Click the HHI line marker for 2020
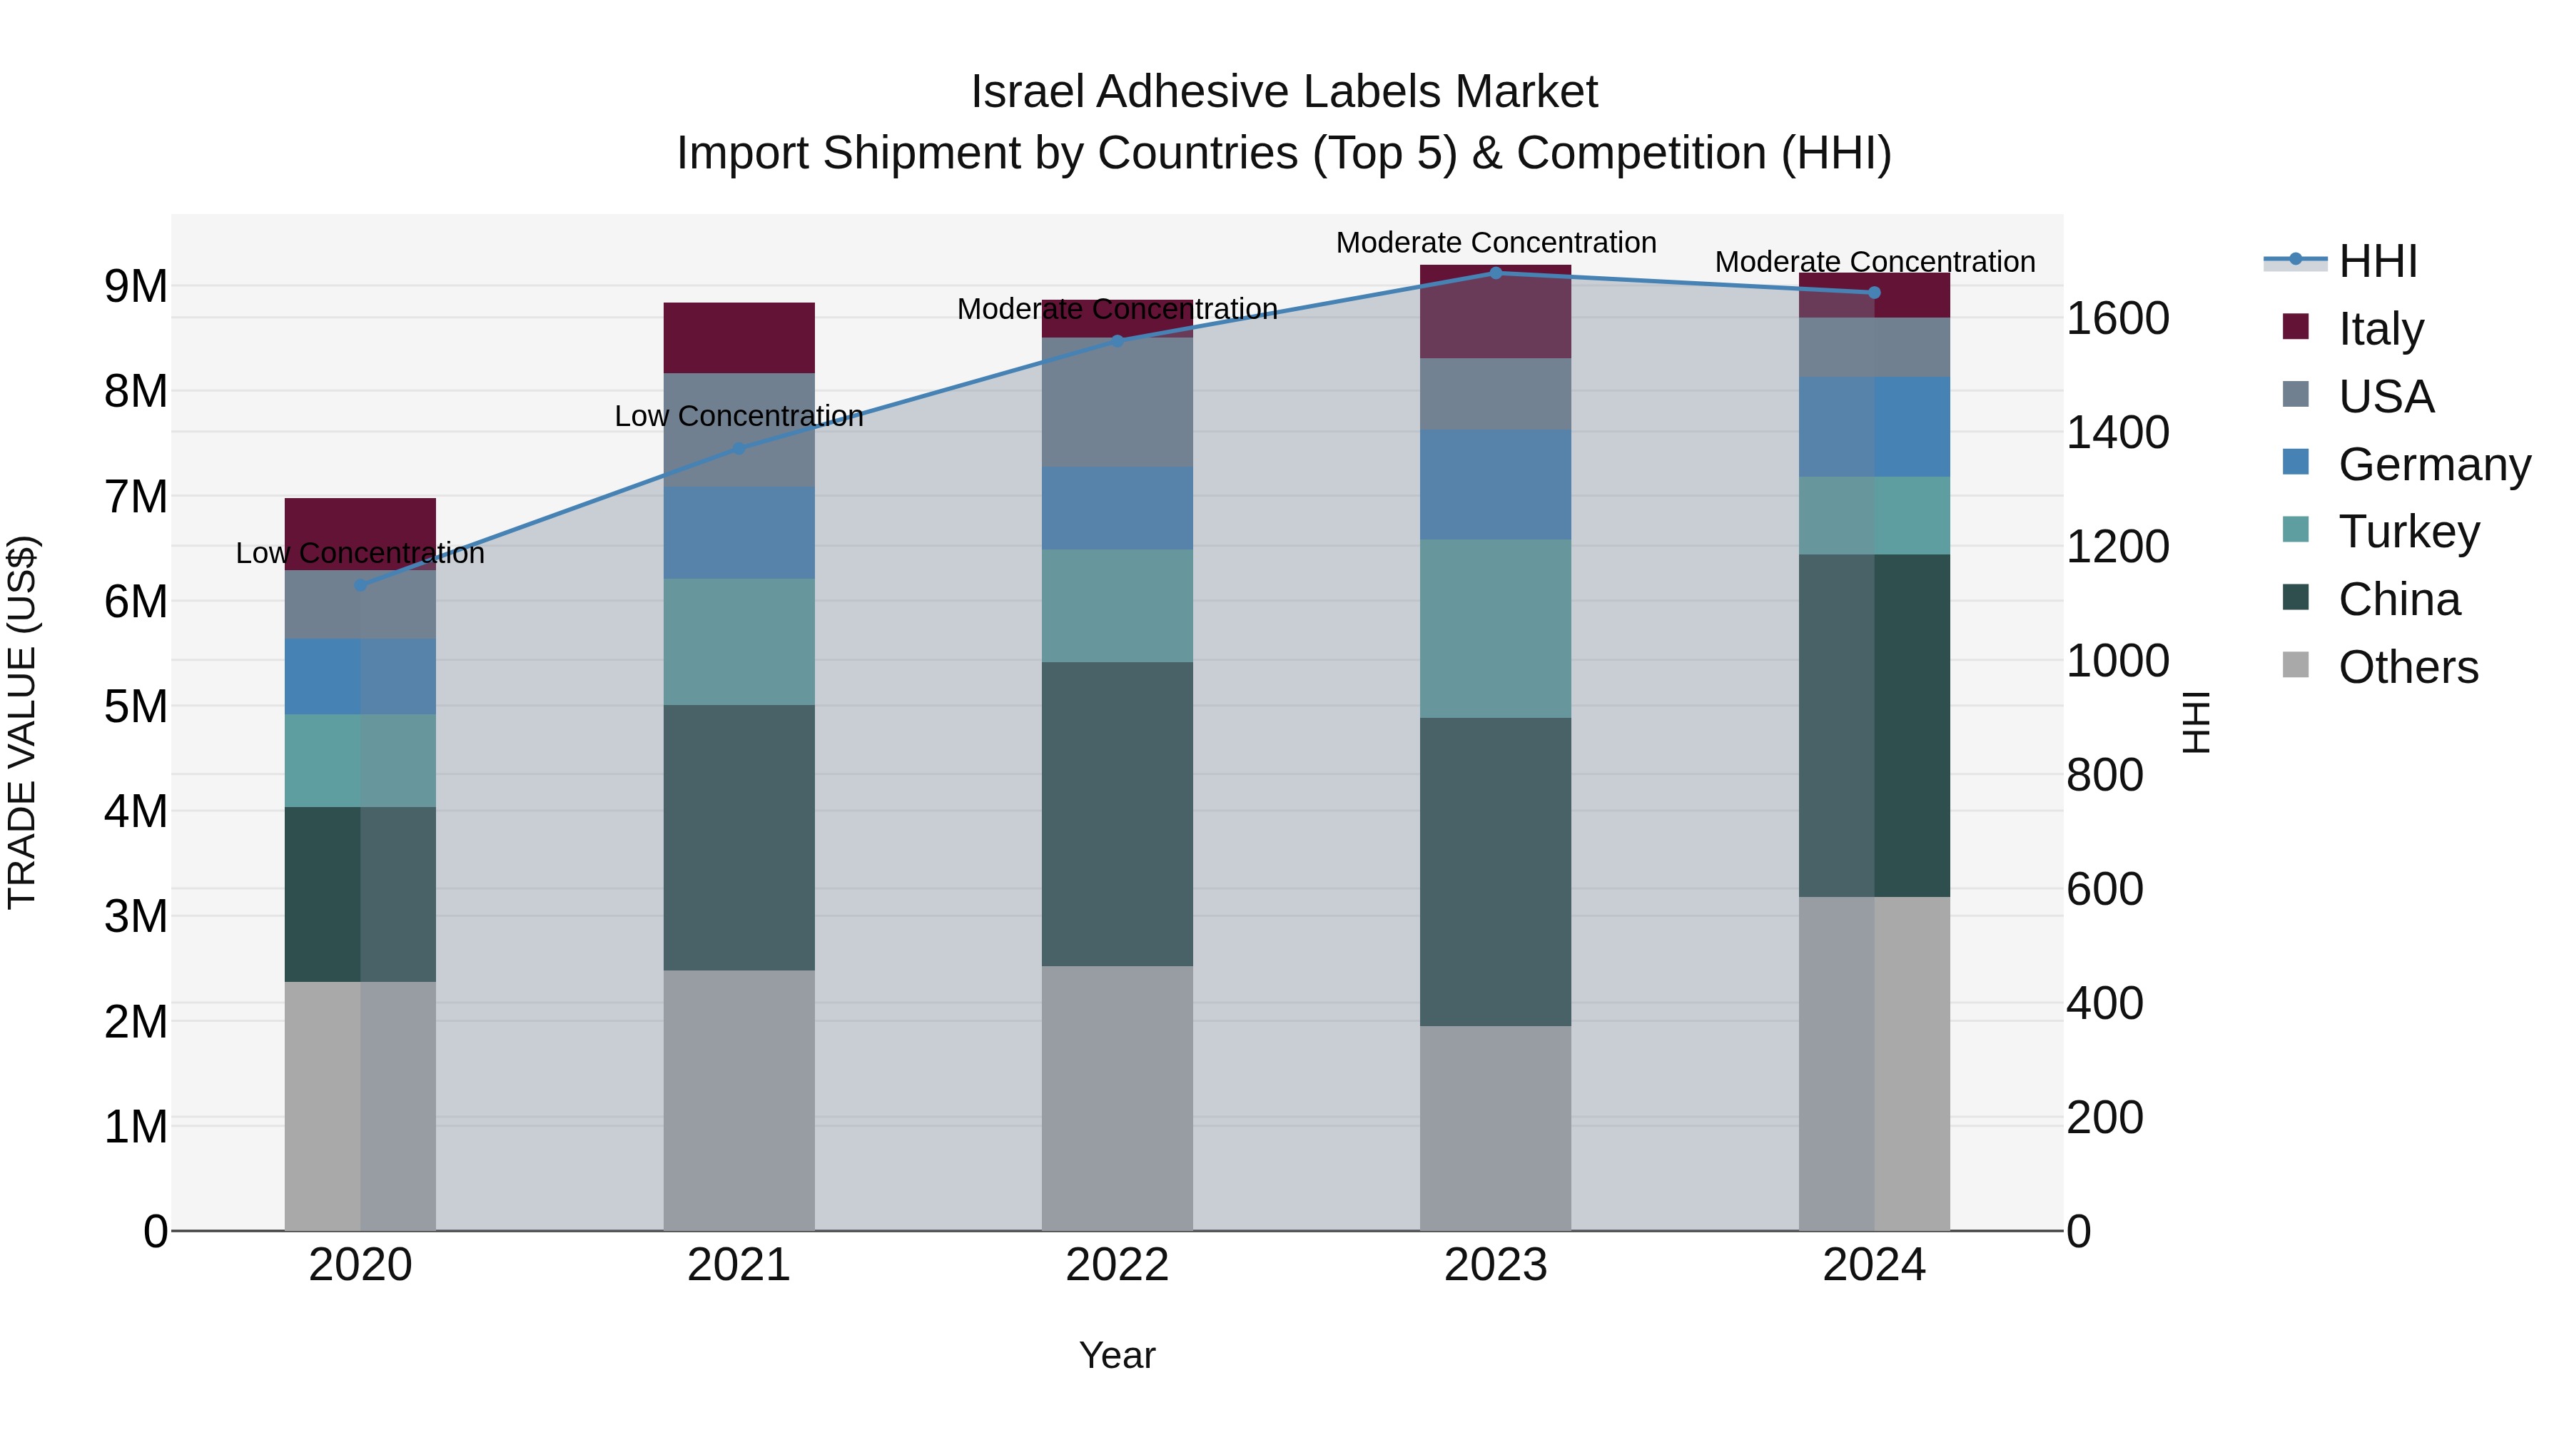pyautogui.click(x=361, y=585)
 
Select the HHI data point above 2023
pyautogui.click(x=1495, y=273)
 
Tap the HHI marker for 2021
pyautogui.click(x=739, y=449)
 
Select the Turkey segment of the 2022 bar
pyautogui.click(x=1117, y=605)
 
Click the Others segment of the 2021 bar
pyautogui.click(x=739, y=1100)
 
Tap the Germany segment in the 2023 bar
pyautogui.click(x=1495, y=485)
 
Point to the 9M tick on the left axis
pyautogui.click(x=136, y=286)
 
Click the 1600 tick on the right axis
pyautogui.click(x=2117, y=319)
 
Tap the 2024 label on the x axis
pyautogui.click(x=1873, y=1265)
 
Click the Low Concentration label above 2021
pyautogui.click(x=739, y=416)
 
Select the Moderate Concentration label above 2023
pyautogui.click(x=1495, y=243)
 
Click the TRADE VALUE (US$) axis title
pyautogui.click(x=22, y=722)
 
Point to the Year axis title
pyautogui.click(x=1117, y=1355)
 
